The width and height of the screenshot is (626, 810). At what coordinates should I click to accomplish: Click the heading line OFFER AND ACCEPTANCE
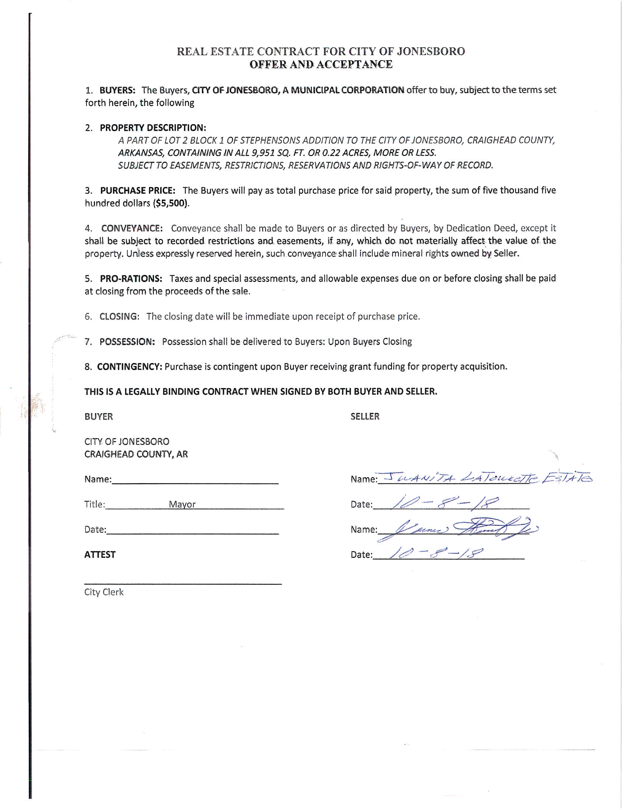coord(321,64)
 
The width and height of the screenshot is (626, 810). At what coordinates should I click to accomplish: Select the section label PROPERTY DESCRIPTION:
coord(153,128)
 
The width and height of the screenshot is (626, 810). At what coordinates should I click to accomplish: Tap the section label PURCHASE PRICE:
coord(138,191)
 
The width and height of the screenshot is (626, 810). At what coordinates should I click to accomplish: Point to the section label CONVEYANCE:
coord(132,228)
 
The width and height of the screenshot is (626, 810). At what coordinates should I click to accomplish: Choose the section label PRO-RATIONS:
coord(131,279)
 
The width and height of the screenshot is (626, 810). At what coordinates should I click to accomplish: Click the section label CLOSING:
coord(119,316)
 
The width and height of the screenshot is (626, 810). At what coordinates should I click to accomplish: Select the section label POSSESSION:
coord(127,342)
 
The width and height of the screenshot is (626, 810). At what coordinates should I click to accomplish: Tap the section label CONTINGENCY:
coord(129,367)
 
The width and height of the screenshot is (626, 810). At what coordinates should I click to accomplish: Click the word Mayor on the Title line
coord(182,504)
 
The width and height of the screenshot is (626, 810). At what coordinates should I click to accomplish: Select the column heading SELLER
coord(365,416)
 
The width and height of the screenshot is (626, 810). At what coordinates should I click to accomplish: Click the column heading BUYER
coord(99,416)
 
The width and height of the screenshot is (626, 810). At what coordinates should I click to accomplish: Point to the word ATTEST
coord(100,554)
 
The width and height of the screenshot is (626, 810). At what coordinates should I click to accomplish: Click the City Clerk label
coord(104,592)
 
